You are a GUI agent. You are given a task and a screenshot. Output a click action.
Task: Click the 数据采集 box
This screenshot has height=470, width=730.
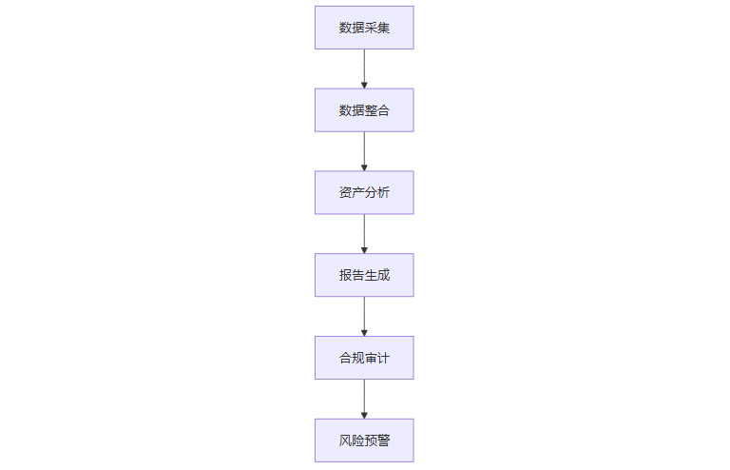click(x=364, y=28)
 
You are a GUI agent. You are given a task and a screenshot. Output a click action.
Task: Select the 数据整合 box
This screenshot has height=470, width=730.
click(x=364, y=110)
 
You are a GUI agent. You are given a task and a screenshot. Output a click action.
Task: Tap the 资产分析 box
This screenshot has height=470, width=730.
click(x=364, y=192)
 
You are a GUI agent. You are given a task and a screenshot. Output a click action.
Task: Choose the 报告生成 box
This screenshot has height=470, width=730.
click(x=364, y=275)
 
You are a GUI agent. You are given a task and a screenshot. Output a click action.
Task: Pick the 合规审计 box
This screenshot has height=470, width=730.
click(x=364, y=358)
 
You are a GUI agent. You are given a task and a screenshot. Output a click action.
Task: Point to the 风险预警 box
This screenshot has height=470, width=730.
click(x=364, y=441)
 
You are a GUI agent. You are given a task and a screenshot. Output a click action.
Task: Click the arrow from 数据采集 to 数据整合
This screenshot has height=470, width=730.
click(x=364, y=67)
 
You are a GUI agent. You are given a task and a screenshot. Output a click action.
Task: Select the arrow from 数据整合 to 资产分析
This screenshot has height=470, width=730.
click(x=364, y=149)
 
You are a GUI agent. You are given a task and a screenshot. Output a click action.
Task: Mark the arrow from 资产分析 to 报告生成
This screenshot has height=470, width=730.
click(x=364, y=232)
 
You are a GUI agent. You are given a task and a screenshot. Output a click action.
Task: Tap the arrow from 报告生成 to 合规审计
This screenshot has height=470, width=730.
click(x=364, y=315)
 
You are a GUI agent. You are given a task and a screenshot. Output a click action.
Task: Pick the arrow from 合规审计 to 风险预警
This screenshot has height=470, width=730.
click(x=364, y=398)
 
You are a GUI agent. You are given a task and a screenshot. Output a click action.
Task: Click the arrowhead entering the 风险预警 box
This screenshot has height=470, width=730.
click(x=364, y=415)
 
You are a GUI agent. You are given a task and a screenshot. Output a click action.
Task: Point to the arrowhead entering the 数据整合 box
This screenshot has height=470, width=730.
click(x=364, y=85)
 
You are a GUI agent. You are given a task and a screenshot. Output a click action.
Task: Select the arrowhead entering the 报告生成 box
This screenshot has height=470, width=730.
click(x=364, y=249)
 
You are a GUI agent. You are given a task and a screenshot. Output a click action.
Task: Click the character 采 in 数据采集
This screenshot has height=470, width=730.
click(x=371, y=28)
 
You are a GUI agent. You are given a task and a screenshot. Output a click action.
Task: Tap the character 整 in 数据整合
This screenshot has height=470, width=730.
click(x=371, y=110)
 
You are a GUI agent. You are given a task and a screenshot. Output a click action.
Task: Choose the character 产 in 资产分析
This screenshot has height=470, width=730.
click(x=358, y=192)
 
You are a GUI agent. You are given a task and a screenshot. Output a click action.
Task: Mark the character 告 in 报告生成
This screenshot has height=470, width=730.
click(x=358, y=275)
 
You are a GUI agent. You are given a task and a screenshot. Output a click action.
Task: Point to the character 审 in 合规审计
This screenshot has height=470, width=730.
click(x=371, y=358)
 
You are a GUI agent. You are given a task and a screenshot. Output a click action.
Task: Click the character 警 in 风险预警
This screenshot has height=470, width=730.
click(x=383, y=441)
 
